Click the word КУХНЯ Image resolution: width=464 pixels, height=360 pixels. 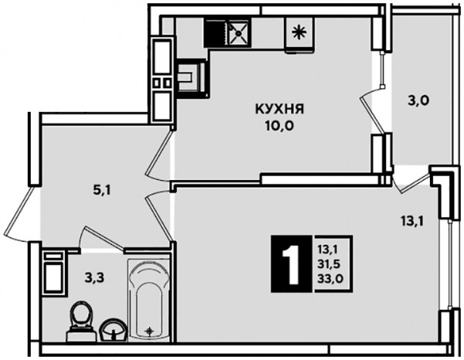pos(280,109)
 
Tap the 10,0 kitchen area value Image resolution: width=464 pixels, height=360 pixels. pos(279,126)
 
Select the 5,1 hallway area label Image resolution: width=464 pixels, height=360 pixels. pos(102,191)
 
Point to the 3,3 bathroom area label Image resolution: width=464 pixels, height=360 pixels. pos(94,278)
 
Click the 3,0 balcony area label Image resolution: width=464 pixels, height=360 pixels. pos(418,101)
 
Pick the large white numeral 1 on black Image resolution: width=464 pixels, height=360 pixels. pos(292,264)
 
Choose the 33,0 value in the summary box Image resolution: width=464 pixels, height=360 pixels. pos(330,278)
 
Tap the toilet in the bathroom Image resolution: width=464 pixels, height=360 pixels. pos(80,321)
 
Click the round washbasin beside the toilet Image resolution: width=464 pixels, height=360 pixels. pos(114,330)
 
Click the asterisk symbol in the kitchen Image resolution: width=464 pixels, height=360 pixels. pos(299,32)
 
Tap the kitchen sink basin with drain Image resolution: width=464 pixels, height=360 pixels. pos(238,32)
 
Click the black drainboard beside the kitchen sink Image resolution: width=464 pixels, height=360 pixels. pos(216,32)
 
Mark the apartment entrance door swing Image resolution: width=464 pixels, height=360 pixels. pos(19,213)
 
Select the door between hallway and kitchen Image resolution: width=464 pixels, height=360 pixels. pos(160,155)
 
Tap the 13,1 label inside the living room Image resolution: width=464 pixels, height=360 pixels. pos(412,220)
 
